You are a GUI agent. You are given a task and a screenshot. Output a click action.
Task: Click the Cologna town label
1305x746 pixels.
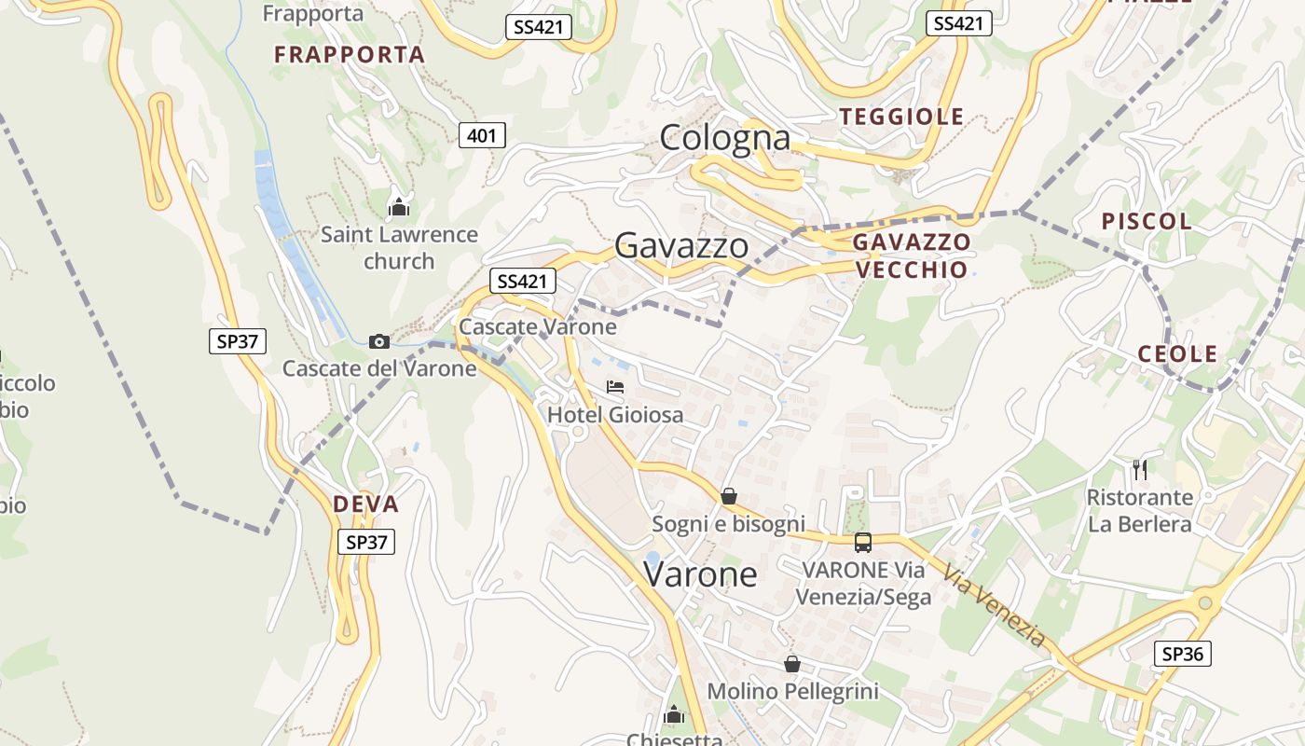pyautogui.click(x=725, y=138)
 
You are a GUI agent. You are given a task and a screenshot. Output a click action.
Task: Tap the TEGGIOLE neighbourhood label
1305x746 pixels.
pyautogui.click(x=901, y=117)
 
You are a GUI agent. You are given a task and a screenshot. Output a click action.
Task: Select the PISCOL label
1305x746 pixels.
pyautogui.click(x=1147, y=221)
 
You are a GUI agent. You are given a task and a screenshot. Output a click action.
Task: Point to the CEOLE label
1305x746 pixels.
pyautogui.click(x=1177, y=353)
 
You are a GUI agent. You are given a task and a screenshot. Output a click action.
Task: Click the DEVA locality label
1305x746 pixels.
pyautogui.click(x=365, y=504)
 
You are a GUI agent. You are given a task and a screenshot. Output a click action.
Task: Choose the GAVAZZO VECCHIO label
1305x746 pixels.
pyautogui.click(x=911, y=256)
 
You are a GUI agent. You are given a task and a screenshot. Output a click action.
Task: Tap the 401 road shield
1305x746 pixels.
pyautogui.click(x=482, y=136)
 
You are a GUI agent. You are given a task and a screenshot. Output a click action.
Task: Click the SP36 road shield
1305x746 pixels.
pyautogui.click(x=1182, y=654)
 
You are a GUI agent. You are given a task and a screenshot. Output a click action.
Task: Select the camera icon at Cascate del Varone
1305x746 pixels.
pyautogui.click(x=378, y=341)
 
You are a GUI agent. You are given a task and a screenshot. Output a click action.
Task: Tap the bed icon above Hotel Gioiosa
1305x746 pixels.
pyautogui.click(x=615, y=387)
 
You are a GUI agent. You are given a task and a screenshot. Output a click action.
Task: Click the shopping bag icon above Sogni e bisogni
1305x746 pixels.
pyautogui.click(x=729, y=496)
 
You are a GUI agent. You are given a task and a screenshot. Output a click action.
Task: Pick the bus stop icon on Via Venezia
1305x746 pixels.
pyautogui.click(x=863, y=542)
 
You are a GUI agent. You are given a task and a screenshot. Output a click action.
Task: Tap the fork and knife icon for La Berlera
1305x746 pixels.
pyautogui.click(x=1139, y=468)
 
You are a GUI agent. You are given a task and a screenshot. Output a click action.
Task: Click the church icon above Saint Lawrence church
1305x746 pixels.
pyautogui.click(x=399, y=206)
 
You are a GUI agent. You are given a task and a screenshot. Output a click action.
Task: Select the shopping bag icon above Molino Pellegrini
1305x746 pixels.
pyautogui.click(x=792, y=664)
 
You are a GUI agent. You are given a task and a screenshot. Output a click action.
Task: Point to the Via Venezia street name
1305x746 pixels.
pyautogui.click(x=995, y=605)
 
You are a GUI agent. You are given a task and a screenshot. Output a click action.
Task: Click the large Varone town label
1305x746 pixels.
pyautogui.click(x=700, y=573)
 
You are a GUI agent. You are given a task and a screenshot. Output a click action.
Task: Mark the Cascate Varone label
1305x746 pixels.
pyautogui.click(x=537, y=326)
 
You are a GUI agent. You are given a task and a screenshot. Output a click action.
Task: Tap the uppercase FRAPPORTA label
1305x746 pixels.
pyautogui.click(x=349, y=54)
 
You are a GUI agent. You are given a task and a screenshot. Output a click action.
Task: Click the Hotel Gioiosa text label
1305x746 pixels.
pyautogui.click(x=615, y=415)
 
